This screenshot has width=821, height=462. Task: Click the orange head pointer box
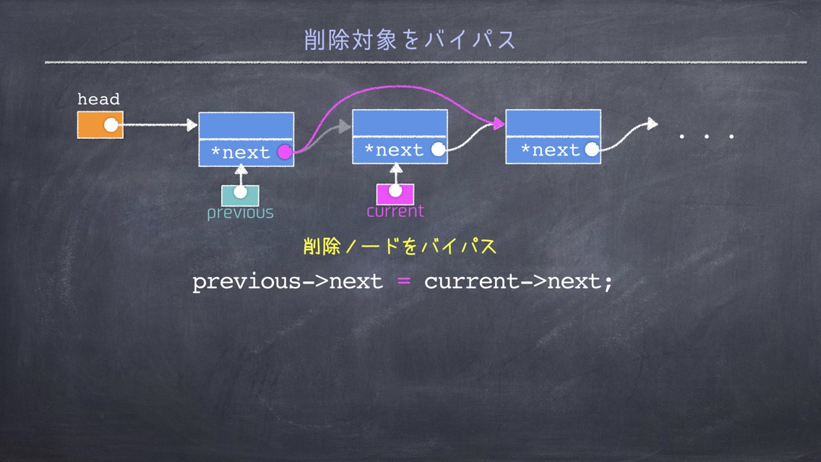[x=100, y=124]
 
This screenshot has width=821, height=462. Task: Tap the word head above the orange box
[x=98, y=99]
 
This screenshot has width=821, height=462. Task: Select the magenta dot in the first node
[x=284, y=152]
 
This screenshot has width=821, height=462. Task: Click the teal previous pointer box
[x=241, y=195]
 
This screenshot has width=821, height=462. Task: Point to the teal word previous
[x=241, y=213]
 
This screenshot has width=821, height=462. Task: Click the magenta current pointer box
[x=395, y=194]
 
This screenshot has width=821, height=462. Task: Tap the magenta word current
[x=395, y=211]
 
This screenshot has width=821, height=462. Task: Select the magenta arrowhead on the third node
[x=499, y=124]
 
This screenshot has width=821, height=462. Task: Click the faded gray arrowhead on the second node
[x=345, y=126]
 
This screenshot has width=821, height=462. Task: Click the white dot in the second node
[x=438, y=150]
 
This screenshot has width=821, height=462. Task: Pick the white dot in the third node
[x=592, y=150]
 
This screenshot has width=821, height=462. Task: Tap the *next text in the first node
[x=241, y=153]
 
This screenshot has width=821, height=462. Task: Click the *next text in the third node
[x=551, y=150]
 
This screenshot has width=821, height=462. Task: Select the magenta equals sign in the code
[x=404, y=281]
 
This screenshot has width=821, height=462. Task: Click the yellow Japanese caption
[x=400, y=247]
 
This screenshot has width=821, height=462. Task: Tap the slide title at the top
[x=410, y=40]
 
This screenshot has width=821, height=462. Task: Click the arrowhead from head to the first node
[x=192, y=124]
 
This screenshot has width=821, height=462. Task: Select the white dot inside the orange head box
[x=111, y=124]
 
